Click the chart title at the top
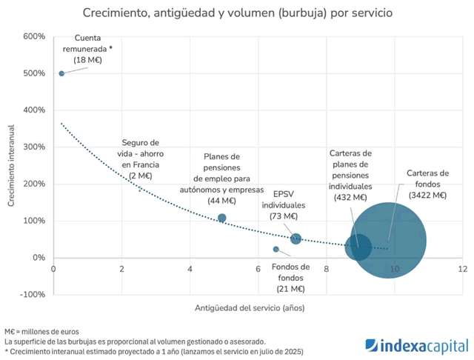tap(237, 13)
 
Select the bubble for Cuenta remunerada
tap(61, 73)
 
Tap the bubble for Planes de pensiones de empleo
tap(222, 218)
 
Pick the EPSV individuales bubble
tap(296, 239)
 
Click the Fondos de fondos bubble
tap(276, 249)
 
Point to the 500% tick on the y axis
tap(36, 73)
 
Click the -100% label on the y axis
tap(34, 294)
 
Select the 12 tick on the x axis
tap(462, 269)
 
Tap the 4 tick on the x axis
tap(190, 269)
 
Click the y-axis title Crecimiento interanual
tap(12, 165)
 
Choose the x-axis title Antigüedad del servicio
tap(250, 307)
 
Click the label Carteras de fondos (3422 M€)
tap(427, 184)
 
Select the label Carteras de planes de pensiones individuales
tap(350, 175)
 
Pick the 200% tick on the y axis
tap(36, 184)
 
